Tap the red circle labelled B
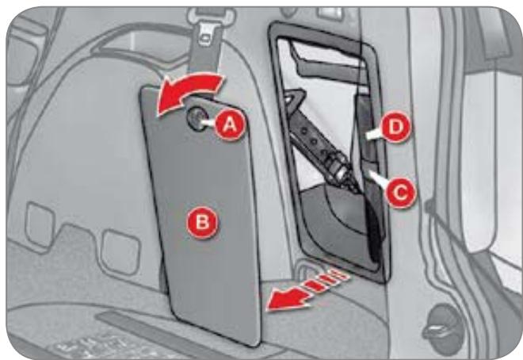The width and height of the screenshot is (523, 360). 202,222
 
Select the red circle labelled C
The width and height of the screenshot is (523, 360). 400,193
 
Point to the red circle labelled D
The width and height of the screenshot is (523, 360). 395,127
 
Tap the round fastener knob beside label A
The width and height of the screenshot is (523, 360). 196,119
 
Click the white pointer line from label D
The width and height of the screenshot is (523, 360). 373,135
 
